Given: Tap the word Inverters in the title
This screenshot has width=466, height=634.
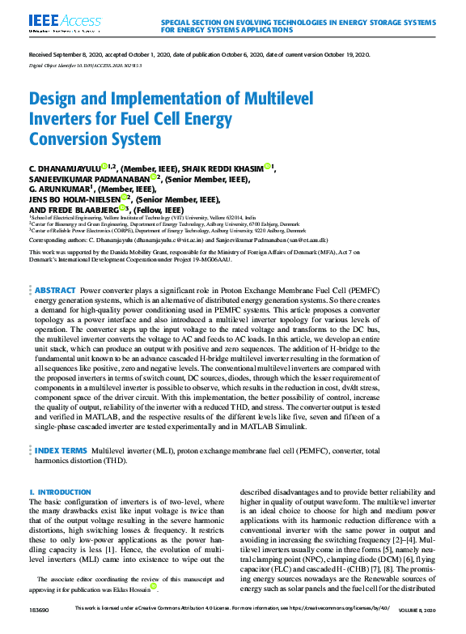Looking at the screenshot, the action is click(62, 118).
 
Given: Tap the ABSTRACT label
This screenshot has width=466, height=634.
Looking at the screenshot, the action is click(55, 290).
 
